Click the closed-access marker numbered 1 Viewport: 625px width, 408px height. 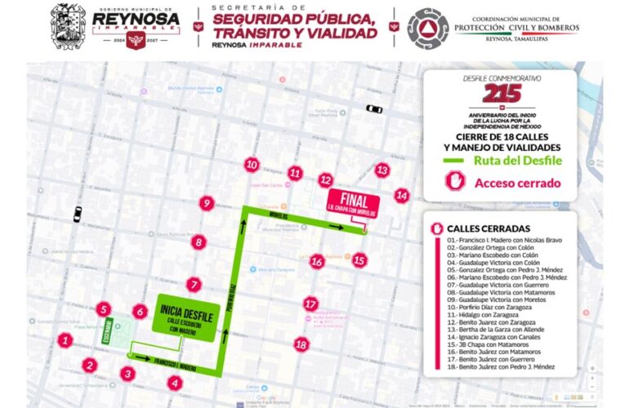[65, 339]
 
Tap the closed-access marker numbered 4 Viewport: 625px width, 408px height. [173, 382]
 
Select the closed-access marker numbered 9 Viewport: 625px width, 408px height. [207, 203]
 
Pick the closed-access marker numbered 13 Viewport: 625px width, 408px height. [382, 170]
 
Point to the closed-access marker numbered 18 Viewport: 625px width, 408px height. [301, 344]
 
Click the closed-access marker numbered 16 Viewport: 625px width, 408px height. [317, 261]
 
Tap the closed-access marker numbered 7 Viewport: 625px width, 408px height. [194, 285]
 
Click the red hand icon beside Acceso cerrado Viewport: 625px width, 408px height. [454, 183]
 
